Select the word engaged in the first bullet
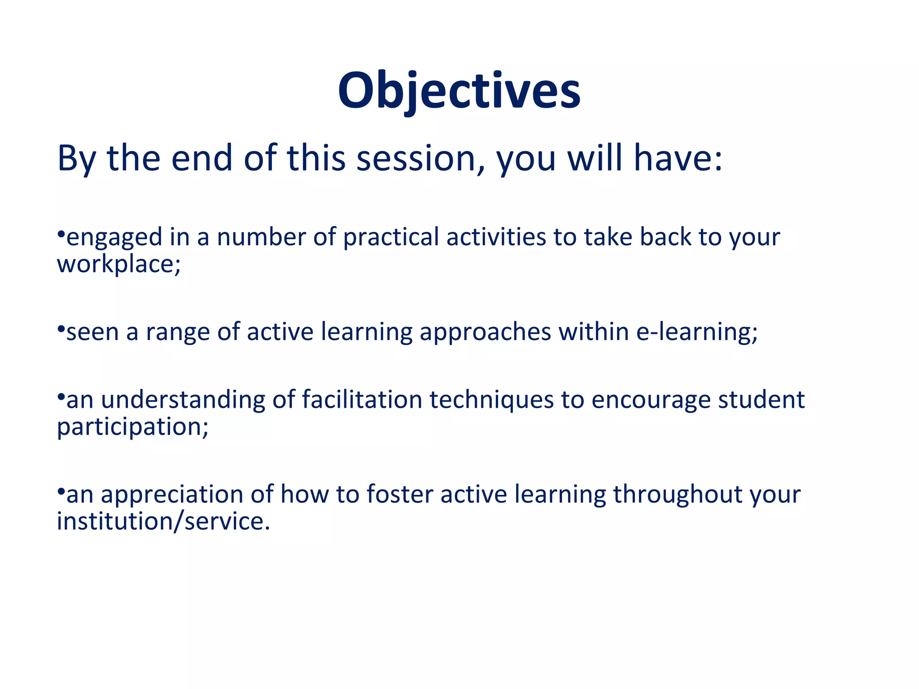[114, 237]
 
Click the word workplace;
[118, 264]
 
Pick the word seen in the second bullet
[92, 332]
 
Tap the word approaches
[485, 332]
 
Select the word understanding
[183, 400]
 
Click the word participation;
[133, 427]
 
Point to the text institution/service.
[163, 522]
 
